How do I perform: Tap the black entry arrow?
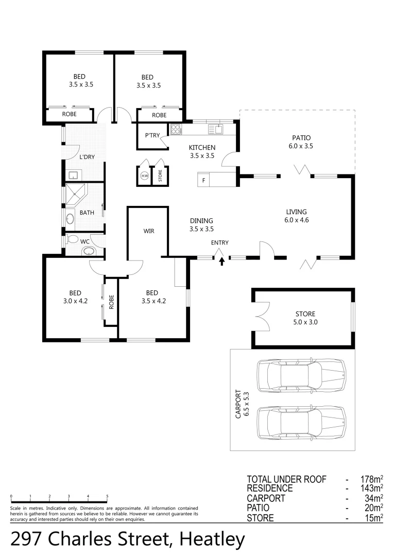tap(222, 261)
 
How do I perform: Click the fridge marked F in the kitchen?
tap(204, 180)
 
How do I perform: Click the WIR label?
tap(149, 231)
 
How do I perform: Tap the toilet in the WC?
tap(73, 239)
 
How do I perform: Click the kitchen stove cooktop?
tap(176, 130)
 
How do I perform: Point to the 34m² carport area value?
tap(371, 498)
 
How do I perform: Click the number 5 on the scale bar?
tap(107, 496)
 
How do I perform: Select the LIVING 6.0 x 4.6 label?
tap(297, 216)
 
